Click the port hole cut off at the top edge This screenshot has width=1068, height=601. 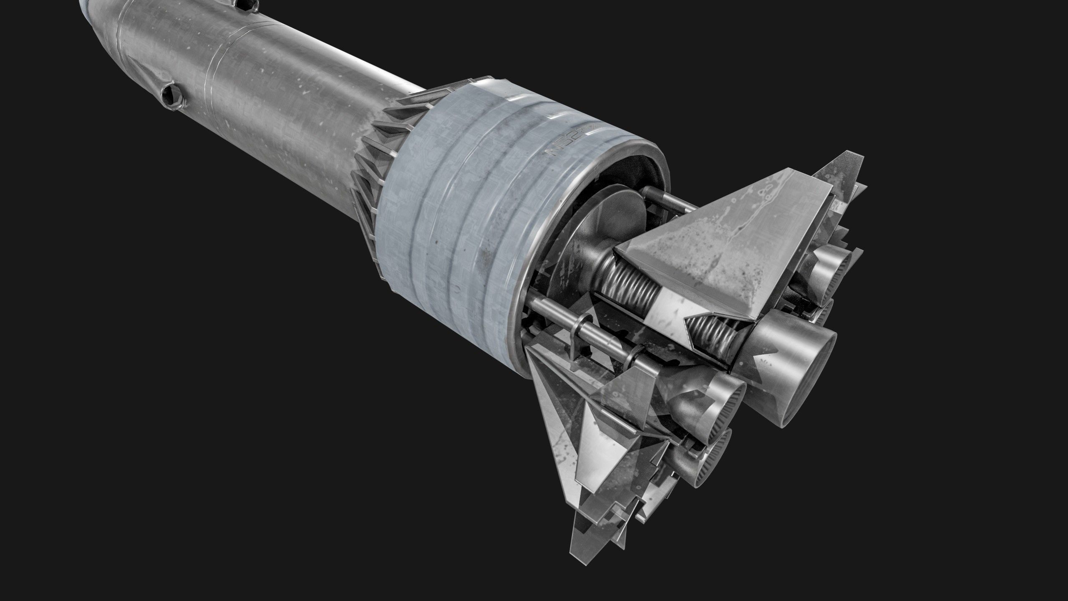247,5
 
